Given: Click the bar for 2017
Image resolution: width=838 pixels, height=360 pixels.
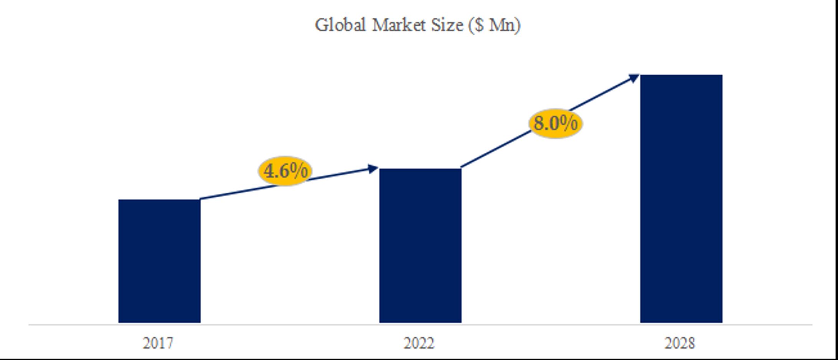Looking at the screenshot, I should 159,261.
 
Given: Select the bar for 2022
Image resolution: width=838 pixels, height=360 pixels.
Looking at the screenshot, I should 420,246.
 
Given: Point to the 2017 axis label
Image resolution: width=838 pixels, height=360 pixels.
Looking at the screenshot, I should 158,343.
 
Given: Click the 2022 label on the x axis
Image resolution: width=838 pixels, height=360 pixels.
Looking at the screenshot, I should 419,343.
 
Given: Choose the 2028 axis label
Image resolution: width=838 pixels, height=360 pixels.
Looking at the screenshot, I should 680,343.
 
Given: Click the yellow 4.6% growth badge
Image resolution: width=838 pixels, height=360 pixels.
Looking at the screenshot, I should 285,171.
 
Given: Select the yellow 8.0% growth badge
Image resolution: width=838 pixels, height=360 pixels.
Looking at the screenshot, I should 555,124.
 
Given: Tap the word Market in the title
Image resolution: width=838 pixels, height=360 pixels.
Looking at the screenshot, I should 399,25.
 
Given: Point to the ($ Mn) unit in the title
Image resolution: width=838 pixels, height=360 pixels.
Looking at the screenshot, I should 495,25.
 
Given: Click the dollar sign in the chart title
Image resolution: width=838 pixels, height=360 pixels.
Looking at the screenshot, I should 478,25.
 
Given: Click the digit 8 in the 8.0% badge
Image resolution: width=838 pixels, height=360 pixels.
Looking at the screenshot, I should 539,124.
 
